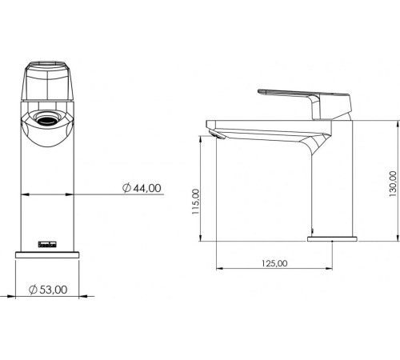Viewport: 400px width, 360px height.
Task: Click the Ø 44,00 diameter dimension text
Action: [x=142, y=187]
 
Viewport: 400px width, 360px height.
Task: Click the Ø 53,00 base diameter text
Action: [x=47, y=289]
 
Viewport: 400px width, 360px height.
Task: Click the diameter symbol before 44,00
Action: [x=126, y=187]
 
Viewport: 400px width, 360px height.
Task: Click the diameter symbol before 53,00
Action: [x=33, y=289]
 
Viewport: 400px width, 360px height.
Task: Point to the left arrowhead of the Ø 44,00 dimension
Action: [x=21, y=194]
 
